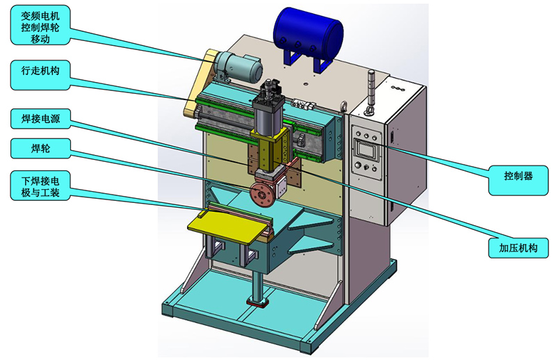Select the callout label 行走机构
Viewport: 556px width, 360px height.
pos(40,75)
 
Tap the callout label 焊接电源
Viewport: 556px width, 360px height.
pos(40,118)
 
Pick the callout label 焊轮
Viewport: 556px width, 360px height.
pos(40,148)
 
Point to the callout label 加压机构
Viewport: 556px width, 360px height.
pos(518,248)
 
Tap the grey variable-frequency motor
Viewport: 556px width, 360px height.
pos(238,68)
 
